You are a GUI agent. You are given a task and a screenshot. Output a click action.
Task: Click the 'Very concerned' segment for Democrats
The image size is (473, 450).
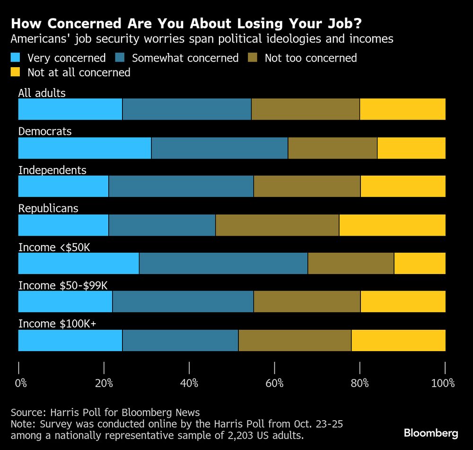pos(84,148)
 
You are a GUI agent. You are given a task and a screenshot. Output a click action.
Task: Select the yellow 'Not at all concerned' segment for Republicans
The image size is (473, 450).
pos(392,225)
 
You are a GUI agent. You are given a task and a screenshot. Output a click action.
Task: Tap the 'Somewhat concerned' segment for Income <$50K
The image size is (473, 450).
pos(223,263)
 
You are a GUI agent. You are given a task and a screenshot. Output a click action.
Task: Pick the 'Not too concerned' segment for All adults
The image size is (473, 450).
pos(305,109)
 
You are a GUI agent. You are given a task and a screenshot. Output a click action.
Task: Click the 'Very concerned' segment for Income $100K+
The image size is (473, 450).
pos(70,340)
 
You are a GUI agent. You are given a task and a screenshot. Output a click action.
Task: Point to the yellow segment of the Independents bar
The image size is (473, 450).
pos(403,186)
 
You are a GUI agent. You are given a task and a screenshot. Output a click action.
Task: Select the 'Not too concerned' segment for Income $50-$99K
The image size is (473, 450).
pos(307,301)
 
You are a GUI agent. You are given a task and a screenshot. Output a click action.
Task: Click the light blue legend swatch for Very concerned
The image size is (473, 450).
pos(16,58)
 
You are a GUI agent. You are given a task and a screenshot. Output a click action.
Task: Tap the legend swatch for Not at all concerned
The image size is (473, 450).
pos(16,72)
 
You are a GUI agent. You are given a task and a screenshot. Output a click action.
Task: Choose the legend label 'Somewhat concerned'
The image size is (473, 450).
pos(185,58)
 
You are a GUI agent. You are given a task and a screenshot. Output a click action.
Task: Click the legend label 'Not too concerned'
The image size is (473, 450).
pos(310,58)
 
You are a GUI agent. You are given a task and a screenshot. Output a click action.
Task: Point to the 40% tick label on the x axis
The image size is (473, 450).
pos(189,383)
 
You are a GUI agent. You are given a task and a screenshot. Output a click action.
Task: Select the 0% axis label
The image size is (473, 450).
pos(21,383)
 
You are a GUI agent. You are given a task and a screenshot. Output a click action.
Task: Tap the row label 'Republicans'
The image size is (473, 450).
pos(48,208)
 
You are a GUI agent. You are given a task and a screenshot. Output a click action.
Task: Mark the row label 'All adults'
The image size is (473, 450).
pos(42,93)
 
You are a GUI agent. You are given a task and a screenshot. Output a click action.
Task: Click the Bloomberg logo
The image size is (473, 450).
pos(431,432)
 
